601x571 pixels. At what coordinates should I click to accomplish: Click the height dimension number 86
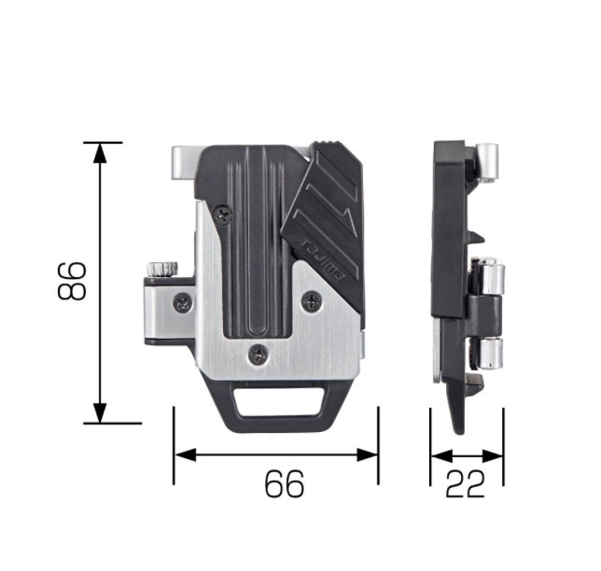click(x=71, y=281)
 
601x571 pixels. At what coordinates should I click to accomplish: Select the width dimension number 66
click(x=285, y=483)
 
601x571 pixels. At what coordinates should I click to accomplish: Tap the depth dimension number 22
click(x=465, y=483)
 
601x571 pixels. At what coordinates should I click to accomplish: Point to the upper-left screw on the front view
click(x=223, y=215)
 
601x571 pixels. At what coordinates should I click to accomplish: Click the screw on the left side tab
click(x=183, y=302)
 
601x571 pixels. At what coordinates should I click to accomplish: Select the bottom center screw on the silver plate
click(x=258, y=355)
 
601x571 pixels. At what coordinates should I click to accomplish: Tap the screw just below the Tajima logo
click(x=313, y=300)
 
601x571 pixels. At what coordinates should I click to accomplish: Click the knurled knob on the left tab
click(x=163, y=269)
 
